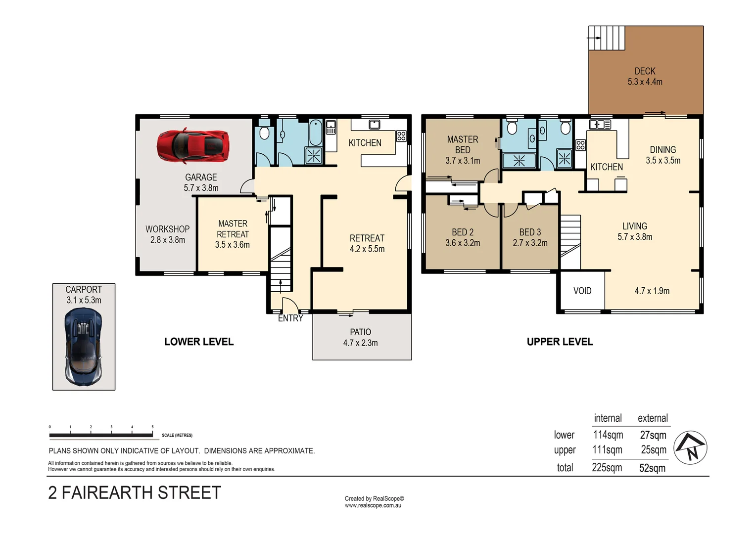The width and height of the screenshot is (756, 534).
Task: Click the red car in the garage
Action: click(193, 146)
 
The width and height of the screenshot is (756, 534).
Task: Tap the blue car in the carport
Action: click(84, 346)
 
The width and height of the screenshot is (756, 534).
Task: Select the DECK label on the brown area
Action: click(645, 71)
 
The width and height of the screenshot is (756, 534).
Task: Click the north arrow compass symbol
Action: click(691, 447)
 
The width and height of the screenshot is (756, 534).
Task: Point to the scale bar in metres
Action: click(101, 435)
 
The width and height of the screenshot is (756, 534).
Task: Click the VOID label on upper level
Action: click(582, 291)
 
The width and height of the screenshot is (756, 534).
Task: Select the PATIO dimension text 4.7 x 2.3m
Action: click(360, 343)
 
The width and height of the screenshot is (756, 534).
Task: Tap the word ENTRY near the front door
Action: click(290, 318)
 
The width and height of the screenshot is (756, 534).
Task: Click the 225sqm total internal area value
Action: click(607, 468)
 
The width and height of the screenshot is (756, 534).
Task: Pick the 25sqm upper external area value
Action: click(654, 450)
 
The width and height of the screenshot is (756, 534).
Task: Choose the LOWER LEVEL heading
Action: click(199, 342)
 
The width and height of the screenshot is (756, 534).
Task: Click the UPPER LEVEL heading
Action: click(560, 342)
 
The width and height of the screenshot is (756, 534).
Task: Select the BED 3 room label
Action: click(530, 232)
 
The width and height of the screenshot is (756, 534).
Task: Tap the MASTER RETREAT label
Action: click(233, 229)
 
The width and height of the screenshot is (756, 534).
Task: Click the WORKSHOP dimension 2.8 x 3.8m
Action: click(168, 240)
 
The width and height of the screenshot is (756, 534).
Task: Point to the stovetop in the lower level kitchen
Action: click(401, 136)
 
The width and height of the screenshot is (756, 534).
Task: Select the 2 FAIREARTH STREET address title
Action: click(135, 493)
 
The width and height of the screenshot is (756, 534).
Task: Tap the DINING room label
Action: click(662, 149)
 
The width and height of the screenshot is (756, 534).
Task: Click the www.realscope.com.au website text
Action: click(374, 505)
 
